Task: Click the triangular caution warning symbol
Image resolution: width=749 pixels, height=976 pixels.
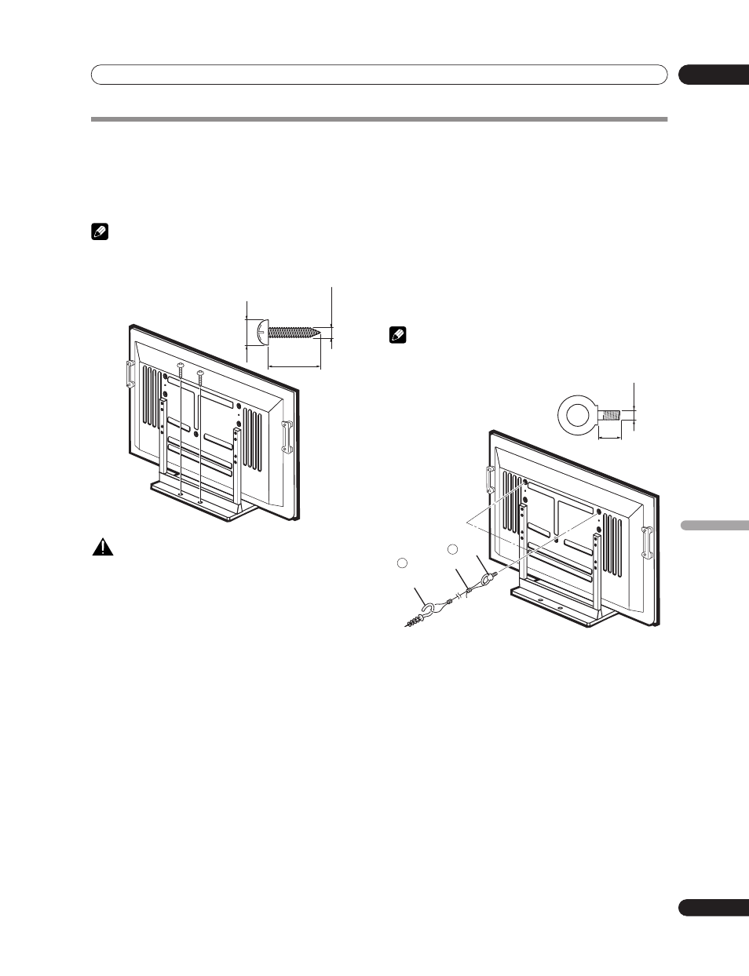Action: pyautogui.click(x=101, y=548)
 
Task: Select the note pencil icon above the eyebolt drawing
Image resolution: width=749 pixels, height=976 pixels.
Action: pyautogui.click(x=396, y=335)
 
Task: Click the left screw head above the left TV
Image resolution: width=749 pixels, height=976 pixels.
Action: pyautogui.click(x=181, y=366)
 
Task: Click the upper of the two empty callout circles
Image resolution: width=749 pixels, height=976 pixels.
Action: pyautogui.click(x=451, y=549)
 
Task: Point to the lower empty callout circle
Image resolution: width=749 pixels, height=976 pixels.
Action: pyautogui.click(x=401, y=563)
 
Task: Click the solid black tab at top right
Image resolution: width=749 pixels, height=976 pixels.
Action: pyautogui.click(x=713, y=75)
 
